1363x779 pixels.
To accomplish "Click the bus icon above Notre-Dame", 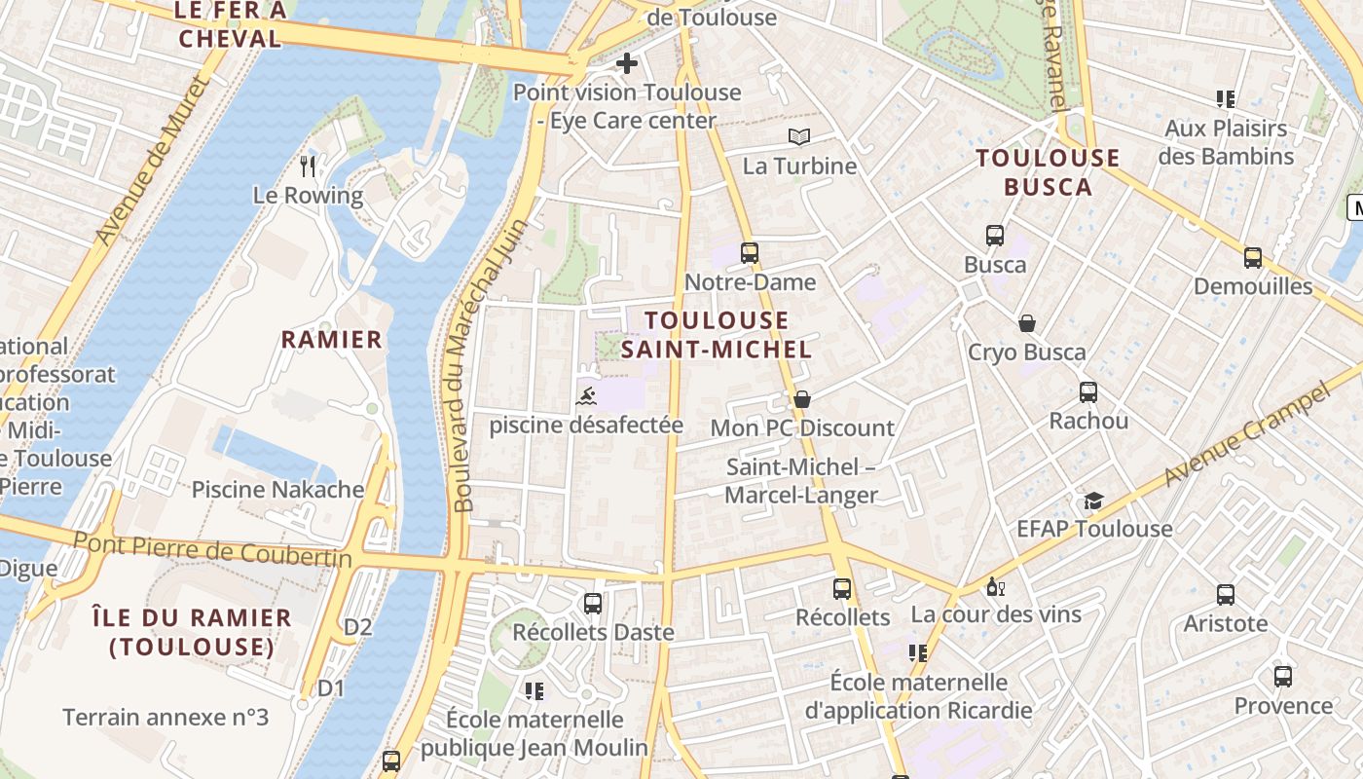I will (749, 253).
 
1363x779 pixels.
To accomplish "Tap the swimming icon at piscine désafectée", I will (586, 395).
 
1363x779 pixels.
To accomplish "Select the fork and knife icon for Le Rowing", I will (308, 167).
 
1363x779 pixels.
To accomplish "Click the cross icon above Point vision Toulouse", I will (627, 64).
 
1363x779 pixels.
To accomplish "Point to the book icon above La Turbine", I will (799, 137).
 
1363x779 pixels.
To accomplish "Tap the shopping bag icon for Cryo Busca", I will (1026, 323).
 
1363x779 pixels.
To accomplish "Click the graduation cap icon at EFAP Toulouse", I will (1093, 501).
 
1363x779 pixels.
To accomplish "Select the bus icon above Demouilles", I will (1252, 258).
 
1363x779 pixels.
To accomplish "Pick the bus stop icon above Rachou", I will (1087, 392).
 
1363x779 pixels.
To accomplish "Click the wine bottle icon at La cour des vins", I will (995, 586).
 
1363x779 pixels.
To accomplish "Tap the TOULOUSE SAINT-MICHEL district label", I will (717, 334).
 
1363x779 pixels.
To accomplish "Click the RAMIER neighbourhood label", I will (332, 340).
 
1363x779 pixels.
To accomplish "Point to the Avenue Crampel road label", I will (1247, 436).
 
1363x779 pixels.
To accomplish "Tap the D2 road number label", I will (357, 627).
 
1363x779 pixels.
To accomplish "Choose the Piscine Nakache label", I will (277, 490).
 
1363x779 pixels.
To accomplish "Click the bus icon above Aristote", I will (1225, 594).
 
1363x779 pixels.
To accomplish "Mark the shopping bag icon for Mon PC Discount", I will (801, 399).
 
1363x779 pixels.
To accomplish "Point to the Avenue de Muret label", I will (152, 162).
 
